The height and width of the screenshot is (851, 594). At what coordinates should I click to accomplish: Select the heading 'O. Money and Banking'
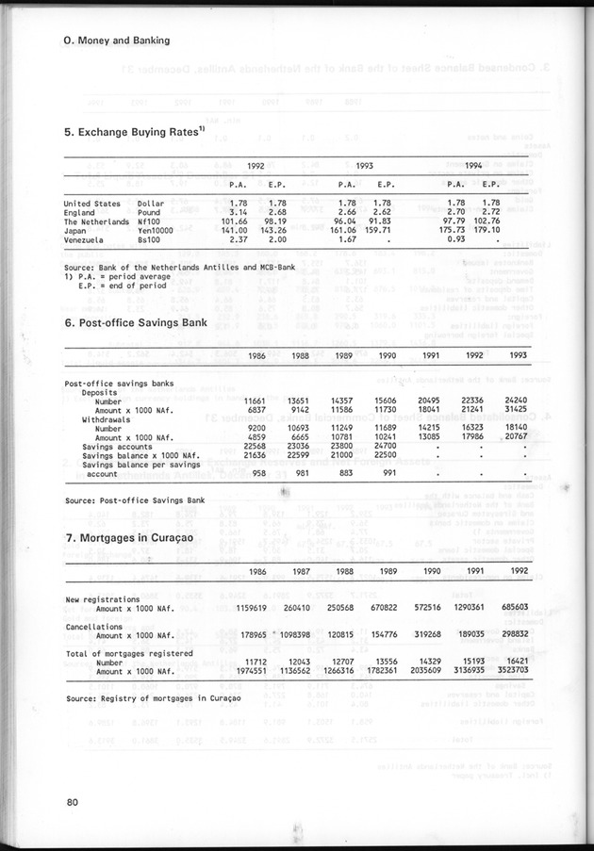click(x=117, y=41)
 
